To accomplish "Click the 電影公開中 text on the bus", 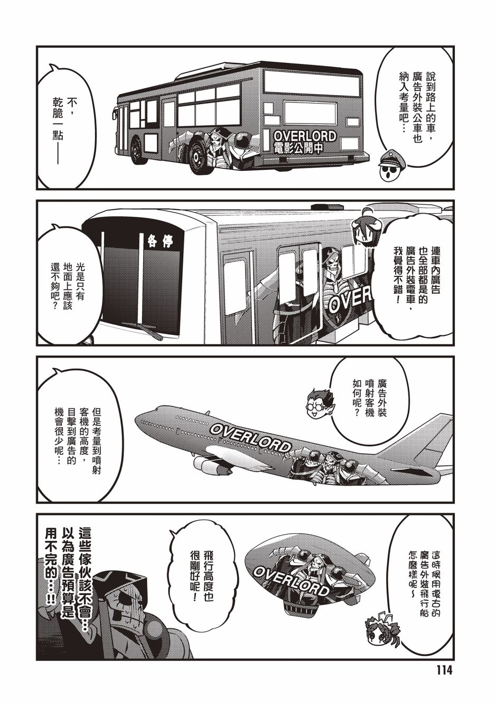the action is coord(298,148).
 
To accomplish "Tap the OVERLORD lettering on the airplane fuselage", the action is coord(250,436).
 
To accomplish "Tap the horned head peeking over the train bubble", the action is coord(366,225).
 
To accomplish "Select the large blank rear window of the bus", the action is coord(312,81).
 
